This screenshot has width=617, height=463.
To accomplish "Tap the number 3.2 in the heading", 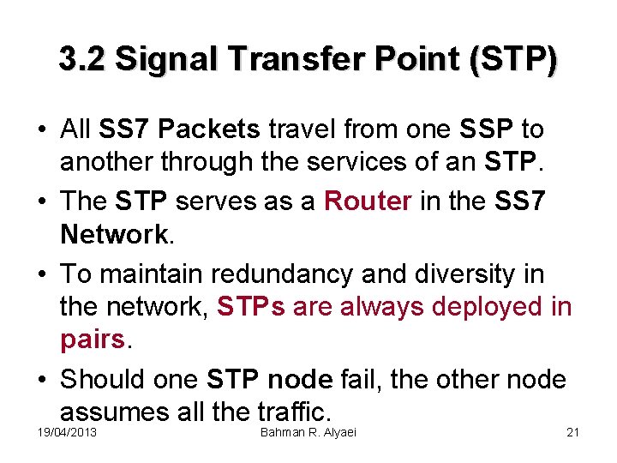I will tap(82, 59).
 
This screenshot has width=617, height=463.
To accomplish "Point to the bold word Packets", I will tap(209, 129).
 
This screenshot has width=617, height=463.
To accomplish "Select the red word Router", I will tap(369, 201).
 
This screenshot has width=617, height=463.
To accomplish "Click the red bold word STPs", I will tap(251, 307).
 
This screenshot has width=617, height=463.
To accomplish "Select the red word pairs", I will tap(93, 340).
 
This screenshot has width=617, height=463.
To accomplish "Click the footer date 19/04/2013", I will tap(68, 432).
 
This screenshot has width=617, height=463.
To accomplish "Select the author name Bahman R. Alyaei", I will tap(308, 432).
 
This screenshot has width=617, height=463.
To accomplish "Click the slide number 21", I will tap(573, 432).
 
